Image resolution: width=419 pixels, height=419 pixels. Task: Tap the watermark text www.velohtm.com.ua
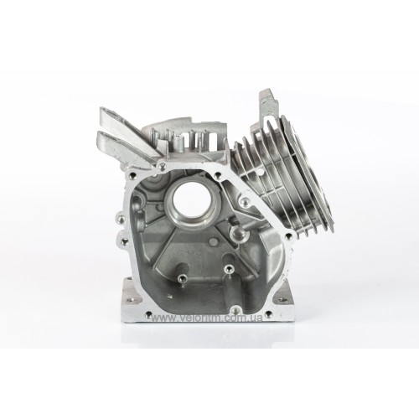click(207, 318)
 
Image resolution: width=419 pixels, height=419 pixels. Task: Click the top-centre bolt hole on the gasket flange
click(162, 167)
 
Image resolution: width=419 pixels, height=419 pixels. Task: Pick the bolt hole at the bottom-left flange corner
click(147, 314)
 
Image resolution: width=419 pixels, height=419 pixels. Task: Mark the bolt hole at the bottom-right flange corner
click(268, 314)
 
